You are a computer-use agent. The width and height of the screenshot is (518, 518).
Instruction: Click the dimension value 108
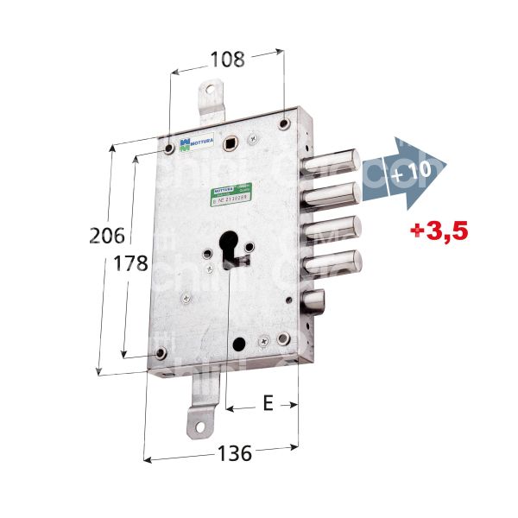(x=228, y=60)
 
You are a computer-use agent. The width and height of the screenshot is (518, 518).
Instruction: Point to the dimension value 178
(x=132, y=263)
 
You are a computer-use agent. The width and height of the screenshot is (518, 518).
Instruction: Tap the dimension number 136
(x=233, y=452)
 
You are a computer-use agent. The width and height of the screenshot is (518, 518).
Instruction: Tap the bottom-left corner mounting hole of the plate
(x=160, y=353)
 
